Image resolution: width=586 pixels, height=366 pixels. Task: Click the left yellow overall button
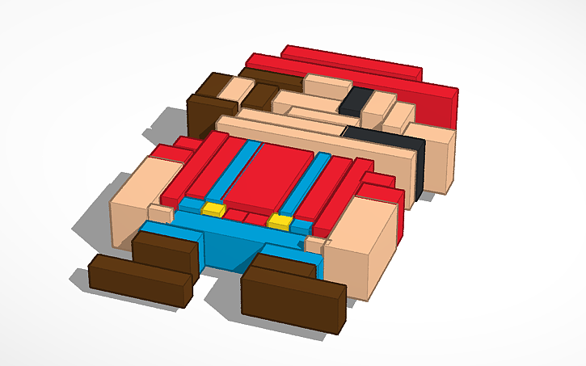(x=213, y=209)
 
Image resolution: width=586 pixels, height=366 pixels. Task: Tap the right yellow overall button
(x=280, y=221)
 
